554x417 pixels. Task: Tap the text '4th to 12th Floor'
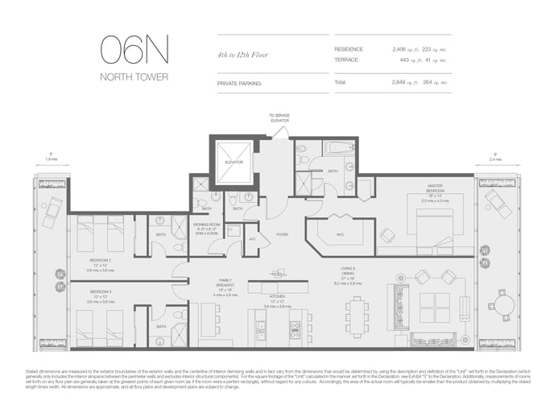click(243, 56)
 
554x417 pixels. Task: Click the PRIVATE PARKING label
click(240, 83)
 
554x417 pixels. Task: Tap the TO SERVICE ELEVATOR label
click(279, 118)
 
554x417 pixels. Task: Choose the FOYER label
click(282, 234)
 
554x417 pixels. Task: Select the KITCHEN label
click(278, 296)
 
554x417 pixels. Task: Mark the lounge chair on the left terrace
click(54, 210)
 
